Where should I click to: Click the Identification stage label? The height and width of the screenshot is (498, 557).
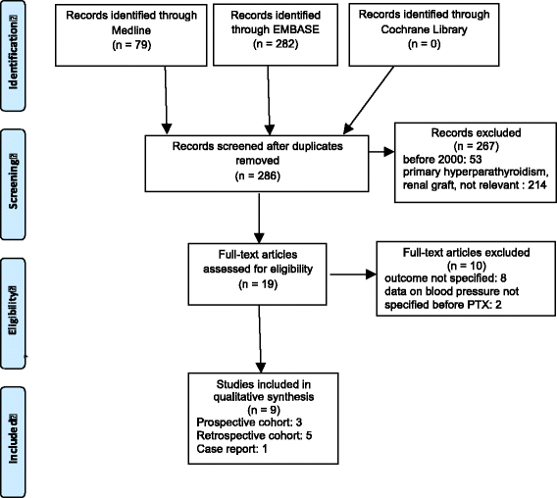13,52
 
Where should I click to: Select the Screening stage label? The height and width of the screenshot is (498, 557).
13,181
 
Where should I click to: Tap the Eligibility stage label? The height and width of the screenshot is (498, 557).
13,310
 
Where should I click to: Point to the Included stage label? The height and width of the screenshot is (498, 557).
13,438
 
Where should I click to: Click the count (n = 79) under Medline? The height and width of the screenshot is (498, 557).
131,45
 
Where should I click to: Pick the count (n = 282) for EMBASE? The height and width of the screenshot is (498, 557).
276,44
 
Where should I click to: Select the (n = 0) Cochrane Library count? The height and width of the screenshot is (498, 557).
425,44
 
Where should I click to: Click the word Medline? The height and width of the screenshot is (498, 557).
131,30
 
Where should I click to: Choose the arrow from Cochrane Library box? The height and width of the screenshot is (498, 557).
369,100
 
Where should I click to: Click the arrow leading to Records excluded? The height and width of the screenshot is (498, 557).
381,152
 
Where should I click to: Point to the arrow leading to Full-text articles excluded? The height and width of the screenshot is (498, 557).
353,274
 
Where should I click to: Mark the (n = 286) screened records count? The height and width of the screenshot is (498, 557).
258,175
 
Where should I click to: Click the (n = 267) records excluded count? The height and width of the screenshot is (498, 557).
476,146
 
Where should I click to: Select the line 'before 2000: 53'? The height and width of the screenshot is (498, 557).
442,159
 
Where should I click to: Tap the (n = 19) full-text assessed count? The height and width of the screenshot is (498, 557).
258,284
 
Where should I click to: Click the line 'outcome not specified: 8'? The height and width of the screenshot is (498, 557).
445,277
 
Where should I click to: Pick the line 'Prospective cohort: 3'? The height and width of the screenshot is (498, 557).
249,423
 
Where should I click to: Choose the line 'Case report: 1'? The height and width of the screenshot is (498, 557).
232,449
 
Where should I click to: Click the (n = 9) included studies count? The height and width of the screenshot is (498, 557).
264,410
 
